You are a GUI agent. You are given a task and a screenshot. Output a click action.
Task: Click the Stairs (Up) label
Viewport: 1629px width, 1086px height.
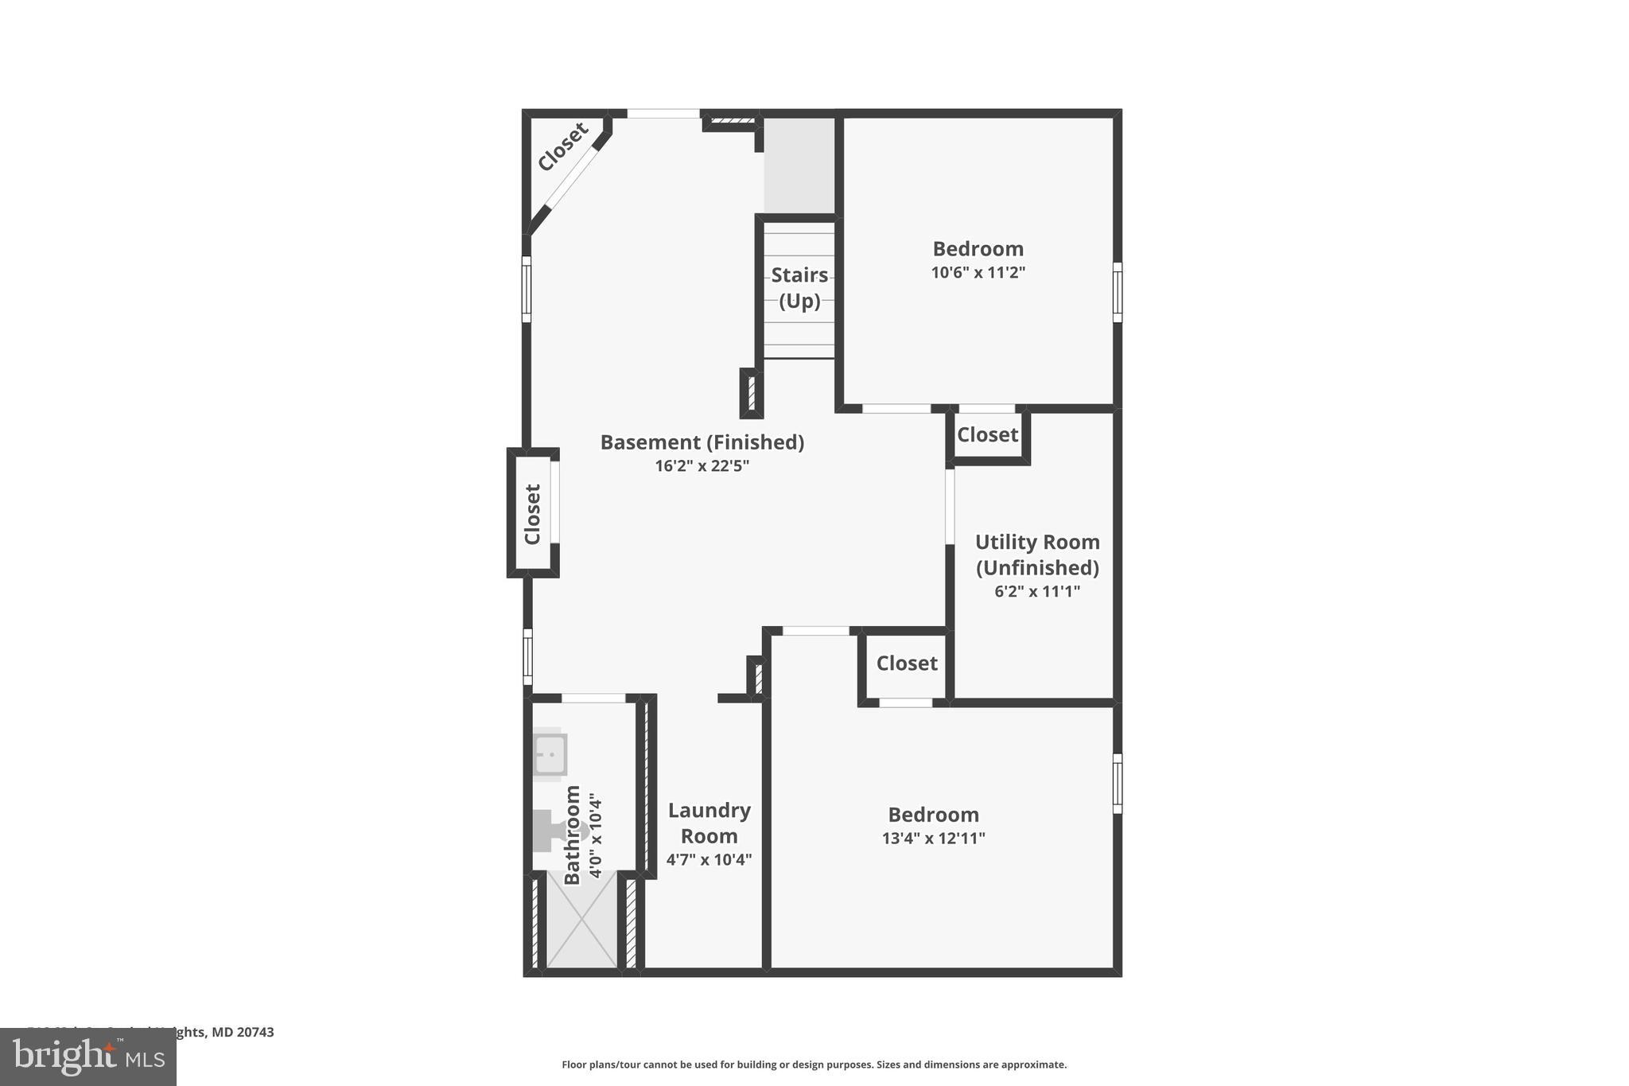click(799, 288)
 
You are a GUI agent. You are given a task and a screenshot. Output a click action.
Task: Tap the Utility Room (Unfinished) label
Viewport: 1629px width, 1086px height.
click(1037, 555)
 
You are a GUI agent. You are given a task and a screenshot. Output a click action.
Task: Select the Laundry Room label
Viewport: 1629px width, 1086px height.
click(709, 823)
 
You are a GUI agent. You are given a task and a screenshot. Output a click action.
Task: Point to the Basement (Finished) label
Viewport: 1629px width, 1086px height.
click(702, 442)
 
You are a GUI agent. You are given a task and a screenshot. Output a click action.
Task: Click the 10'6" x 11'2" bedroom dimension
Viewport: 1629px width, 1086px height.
click(978, 273)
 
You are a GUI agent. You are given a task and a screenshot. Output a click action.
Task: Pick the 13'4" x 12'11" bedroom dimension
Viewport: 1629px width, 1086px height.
click(933, 839)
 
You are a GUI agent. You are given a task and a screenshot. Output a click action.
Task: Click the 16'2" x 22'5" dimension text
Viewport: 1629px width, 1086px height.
click(702, 466)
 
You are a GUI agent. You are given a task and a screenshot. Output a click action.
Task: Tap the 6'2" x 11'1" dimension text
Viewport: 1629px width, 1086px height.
click(1037, 592)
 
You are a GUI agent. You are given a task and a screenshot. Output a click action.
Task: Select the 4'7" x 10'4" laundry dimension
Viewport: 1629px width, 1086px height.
click(709, 860)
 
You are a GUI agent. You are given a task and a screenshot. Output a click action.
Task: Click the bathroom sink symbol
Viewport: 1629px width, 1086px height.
click(550, 754)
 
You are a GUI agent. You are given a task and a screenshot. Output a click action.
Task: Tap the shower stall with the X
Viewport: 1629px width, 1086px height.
click(582, 919)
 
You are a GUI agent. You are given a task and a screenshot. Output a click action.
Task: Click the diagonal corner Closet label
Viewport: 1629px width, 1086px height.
click(562, 146)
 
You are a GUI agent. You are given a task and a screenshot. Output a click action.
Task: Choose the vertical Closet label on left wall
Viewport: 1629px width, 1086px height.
click(532, 514)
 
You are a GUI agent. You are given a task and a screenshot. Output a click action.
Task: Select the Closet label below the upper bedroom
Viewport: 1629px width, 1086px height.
click(987, 435)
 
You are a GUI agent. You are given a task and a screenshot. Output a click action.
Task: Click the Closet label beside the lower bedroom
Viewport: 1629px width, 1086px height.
click(907, 664)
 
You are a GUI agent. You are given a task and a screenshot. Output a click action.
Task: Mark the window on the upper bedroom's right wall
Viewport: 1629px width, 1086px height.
click(1117, 292)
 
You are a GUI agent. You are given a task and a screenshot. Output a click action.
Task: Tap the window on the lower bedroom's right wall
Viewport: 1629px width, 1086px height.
click(1117, 783)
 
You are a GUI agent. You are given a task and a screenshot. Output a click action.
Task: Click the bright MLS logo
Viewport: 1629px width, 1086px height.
click(88, 1057)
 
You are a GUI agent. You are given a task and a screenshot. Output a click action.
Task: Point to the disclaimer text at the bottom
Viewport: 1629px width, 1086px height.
click(814, 1065)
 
